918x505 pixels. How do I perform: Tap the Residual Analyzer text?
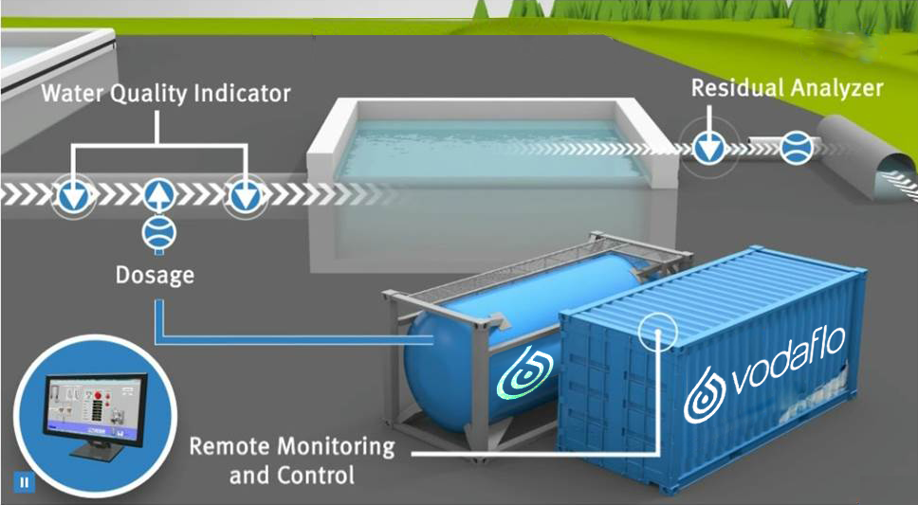point(786,89)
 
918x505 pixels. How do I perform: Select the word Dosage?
point(155,276)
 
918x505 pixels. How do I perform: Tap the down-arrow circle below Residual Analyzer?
point(707,146)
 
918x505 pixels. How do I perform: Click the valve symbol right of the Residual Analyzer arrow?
point(797,146)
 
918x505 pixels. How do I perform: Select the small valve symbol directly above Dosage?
point(157,232)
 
